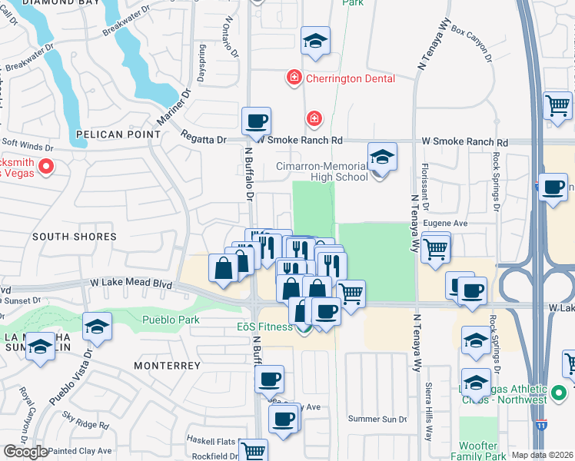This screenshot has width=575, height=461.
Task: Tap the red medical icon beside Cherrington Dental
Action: point(293,78)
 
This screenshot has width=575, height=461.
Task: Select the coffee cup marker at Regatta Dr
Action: point(256,121)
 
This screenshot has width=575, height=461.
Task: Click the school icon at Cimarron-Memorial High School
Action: point(382,157)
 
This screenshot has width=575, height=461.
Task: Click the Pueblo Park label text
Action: point(171,320)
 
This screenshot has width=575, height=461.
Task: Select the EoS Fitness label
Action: point(263,327)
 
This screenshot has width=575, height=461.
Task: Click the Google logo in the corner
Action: point(25,452)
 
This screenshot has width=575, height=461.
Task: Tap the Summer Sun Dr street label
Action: point(377,419)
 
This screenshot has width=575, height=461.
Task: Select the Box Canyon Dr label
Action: point(470,43)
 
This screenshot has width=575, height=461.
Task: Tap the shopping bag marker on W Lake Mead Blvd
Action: point(223,270)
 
